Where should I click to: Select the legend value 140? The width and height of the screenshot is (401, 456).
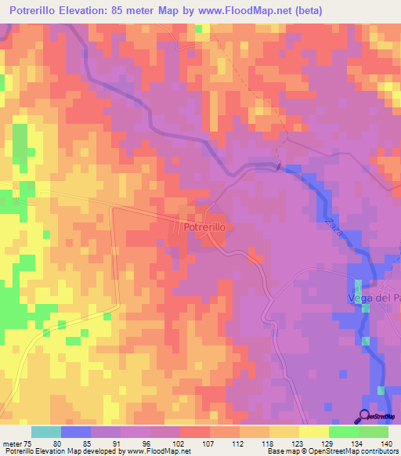click(x=387, y=443)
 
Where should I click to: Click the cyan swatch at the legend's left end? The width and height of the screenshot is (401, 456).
click(x=46, y=432)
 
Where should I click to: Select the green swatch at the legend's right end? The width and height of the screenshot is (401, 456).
click(x=373, y=432)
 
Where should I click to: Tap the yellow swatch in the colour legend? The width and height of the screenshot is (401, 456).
click(x=313, y=432)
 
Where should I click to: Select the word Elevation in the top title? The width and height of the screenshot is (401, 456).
click(x=98, y=11)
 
